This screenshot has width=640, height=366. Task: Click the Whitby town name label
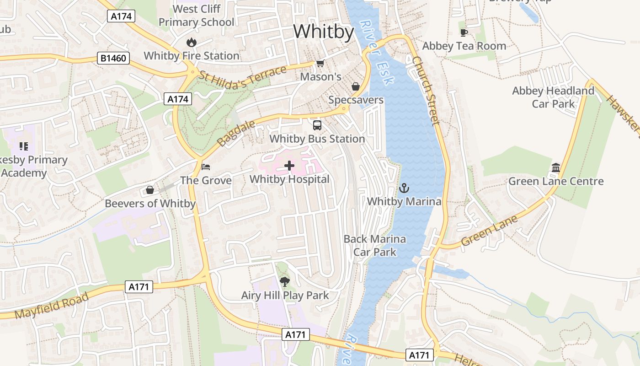pyautogui.click(x=324, y=32)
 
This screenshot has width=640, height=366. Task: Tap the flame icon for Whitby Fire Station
pyautogui.click(x=191, y=43)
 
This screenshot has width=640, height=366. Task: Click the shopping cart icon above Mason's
pyautogui.click(x=320, y=63)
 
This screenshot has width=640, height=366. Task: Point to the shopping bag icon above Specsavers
pyautogui.click(x=356, y=86)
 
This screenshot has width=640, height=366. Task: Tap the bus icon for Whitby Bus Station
pyautogui.click(x=317, y=125)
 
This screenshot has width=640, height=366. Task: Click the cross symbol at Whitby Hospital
pyautogui.click(x=289, y=166)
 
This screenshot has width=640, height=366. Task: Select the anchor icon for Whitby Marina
pyautogui.click(x=404, y=188)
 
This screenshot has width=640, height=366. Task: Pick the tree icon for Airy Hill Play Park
pyautogui.click(x=285, y=281)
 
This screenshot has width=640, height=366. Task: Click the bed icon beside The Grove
pyautogui.click(x=206, y=167)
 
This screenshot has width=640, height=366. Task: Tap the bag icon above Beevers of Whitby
pyautogui.click(x=150, y=190)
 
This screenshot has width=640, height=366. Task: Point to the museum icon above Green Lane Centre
pyautogui.click(x=556, y=168)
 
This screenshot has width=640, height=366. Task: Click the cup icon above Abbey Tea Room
pyautogui.click(x=464, y=32)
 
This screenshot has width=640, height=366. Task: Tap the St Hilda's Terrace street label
pyautogui.click(x=243, y=77)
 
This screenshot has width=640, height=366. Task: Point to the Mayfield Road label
pyautogui.click(x=51, y=307)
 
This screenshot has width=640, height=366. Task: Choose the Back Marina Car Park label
pyautogui.click(x=374, y=245)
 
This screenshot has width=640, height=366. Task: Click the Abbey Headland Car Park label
pyautogui.click(x=553, y=97)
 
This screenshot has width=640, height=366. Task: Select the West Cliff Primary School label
pyautogui.click(x=197, y=16)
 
